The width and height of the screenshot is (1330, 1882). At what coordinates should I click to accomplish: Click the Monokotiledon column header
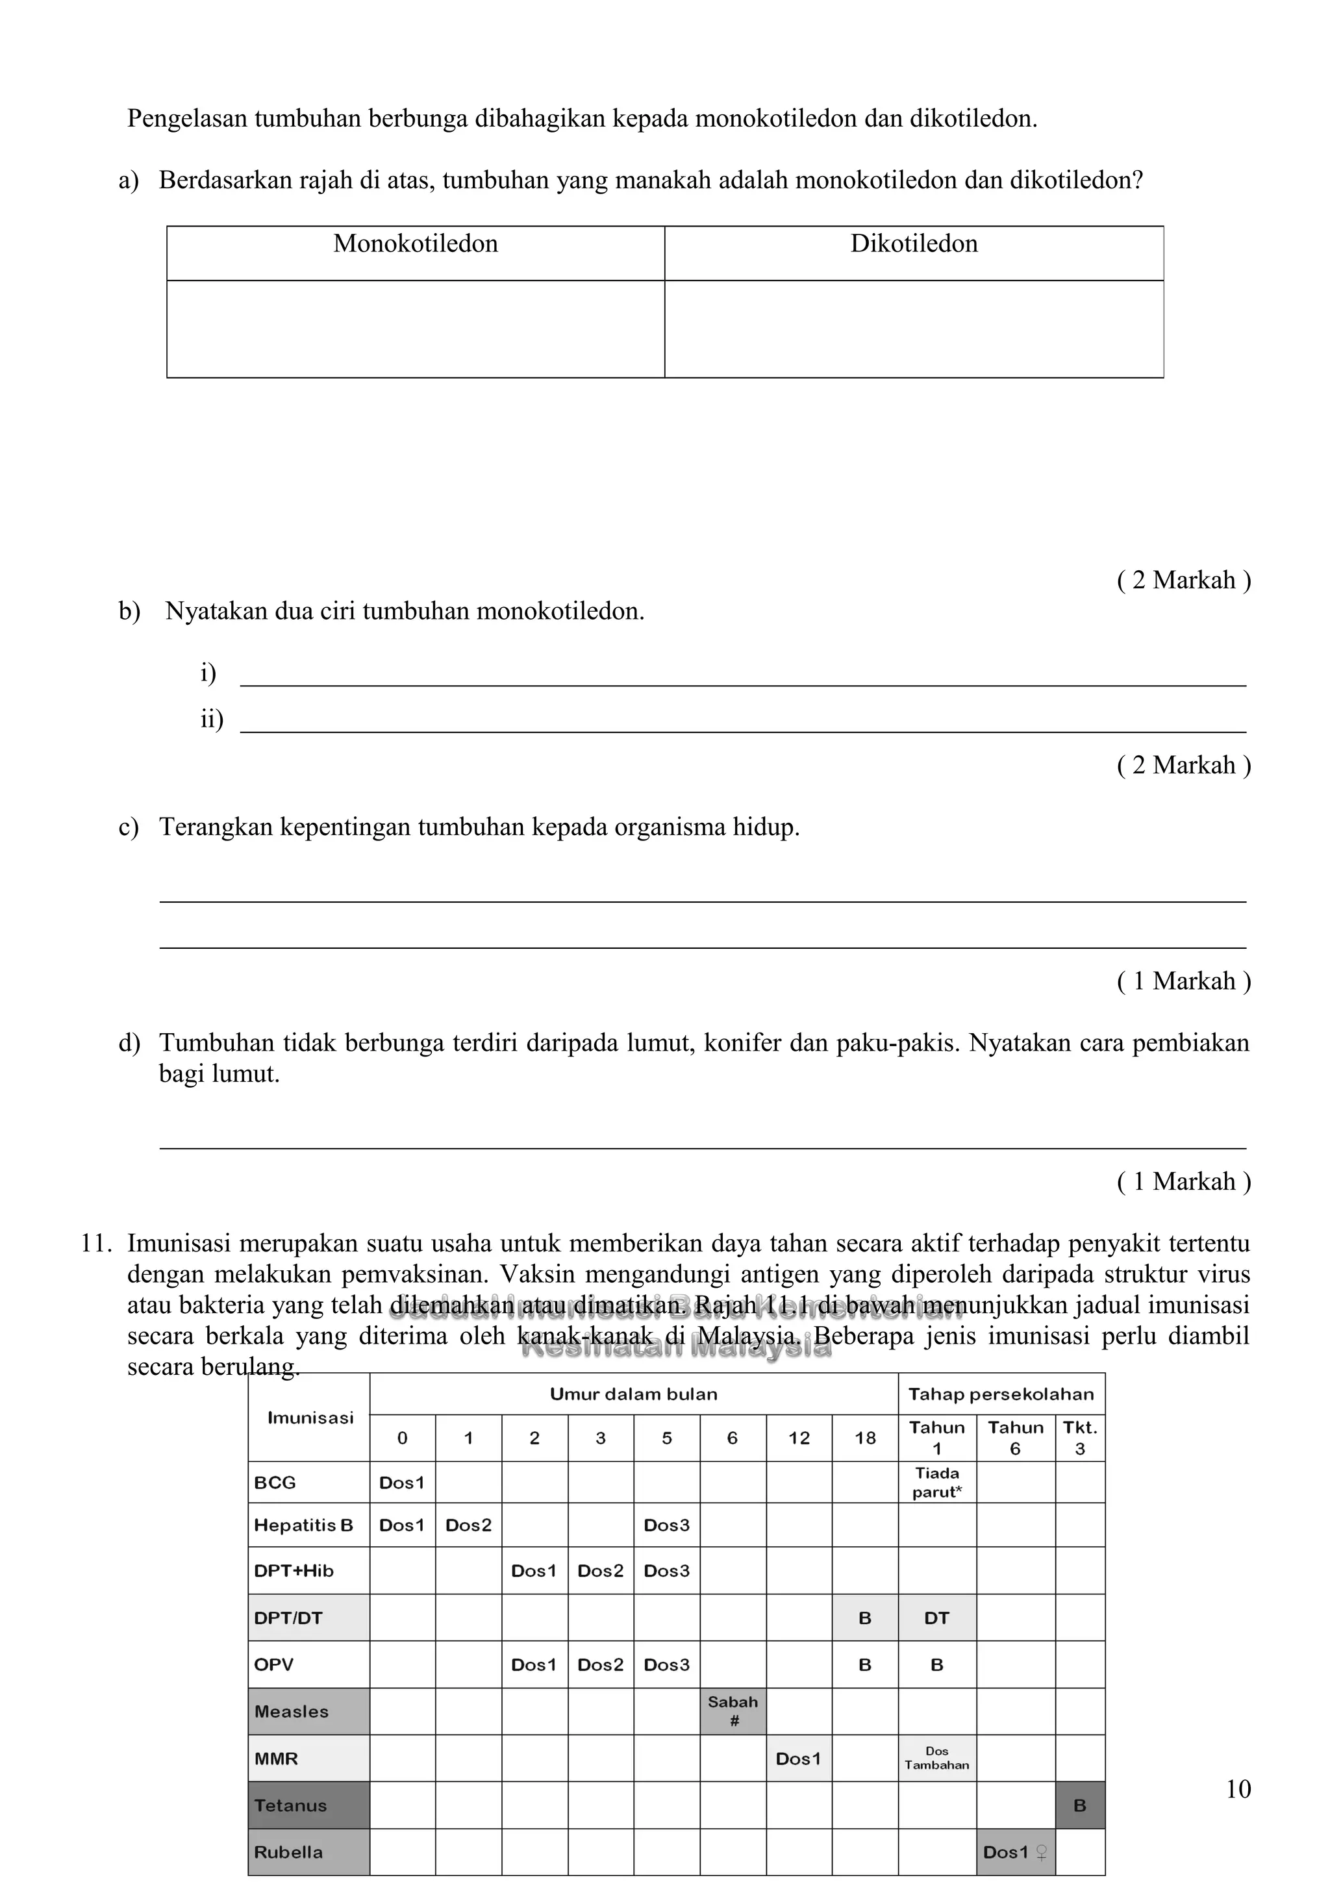[x=416, y=244]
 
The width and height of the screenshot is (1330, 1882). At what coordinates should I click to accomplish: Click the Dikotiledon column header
[x=914, y=244]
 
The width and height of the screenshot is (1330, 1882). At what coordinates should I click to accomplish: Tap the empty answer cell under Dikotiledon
[x=914, y=329]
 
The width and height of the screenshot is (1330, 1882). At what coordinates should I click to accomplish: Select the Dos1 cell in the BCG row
[x=401, y=1482]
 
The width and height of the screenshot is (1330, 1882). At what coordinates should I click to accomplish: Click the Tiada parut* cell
[x=936, y=1482]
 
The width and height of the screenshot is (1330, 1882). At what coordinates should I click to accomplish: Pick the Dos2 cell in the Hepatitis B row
[x=468, y=1525]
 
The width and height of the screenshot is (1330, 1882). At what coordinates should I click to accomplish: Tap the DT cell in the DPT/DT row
[x=936, y=1618]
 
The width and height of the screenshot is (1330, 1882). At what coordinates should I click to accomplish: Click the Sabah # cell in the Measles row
[x=733, y=1711]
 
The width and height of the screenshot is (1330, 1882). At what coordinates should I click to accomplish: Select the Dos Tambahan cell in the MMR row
[x=936, y=1758]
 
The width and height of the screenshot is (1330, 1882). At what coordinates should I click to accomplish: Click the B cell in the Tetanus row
[x=1079, y=1806]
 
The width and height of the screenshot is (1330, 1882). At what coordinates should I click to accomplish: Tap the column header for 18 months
[x=864, y=1438]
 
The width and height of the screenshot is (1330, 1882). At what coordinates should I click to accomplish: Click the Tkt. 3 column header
[x=1079, y=1438]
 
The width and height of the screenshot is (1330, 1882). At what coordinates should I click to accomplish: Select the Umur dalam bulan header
[x=633, y=1394]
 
